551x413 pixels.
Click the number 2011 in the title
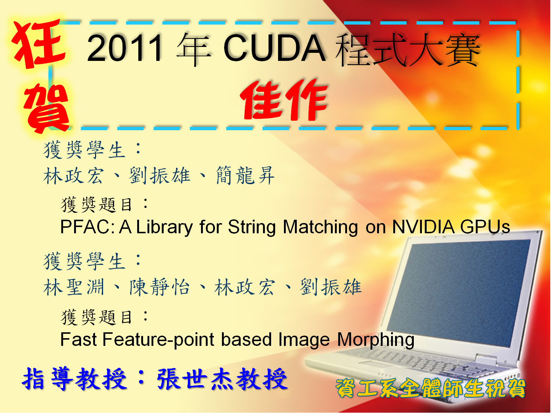pos(124,48)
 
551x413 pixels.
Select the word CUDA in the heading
pos(274,48)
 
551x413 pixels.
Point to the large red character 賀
pos(47,107)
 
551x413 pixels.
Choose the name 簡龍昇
pos(245,175)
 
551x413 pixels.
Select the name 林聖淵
pos(74,287)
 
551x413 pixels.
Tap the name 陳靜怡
pos(160,287)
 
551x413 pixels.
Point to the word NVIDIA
pos(423,227)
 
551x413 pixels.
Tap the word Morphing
pos(376,340)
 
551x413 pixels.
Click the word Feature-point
pos(158,340)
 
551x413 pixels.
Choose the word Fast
pos(79,340)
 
